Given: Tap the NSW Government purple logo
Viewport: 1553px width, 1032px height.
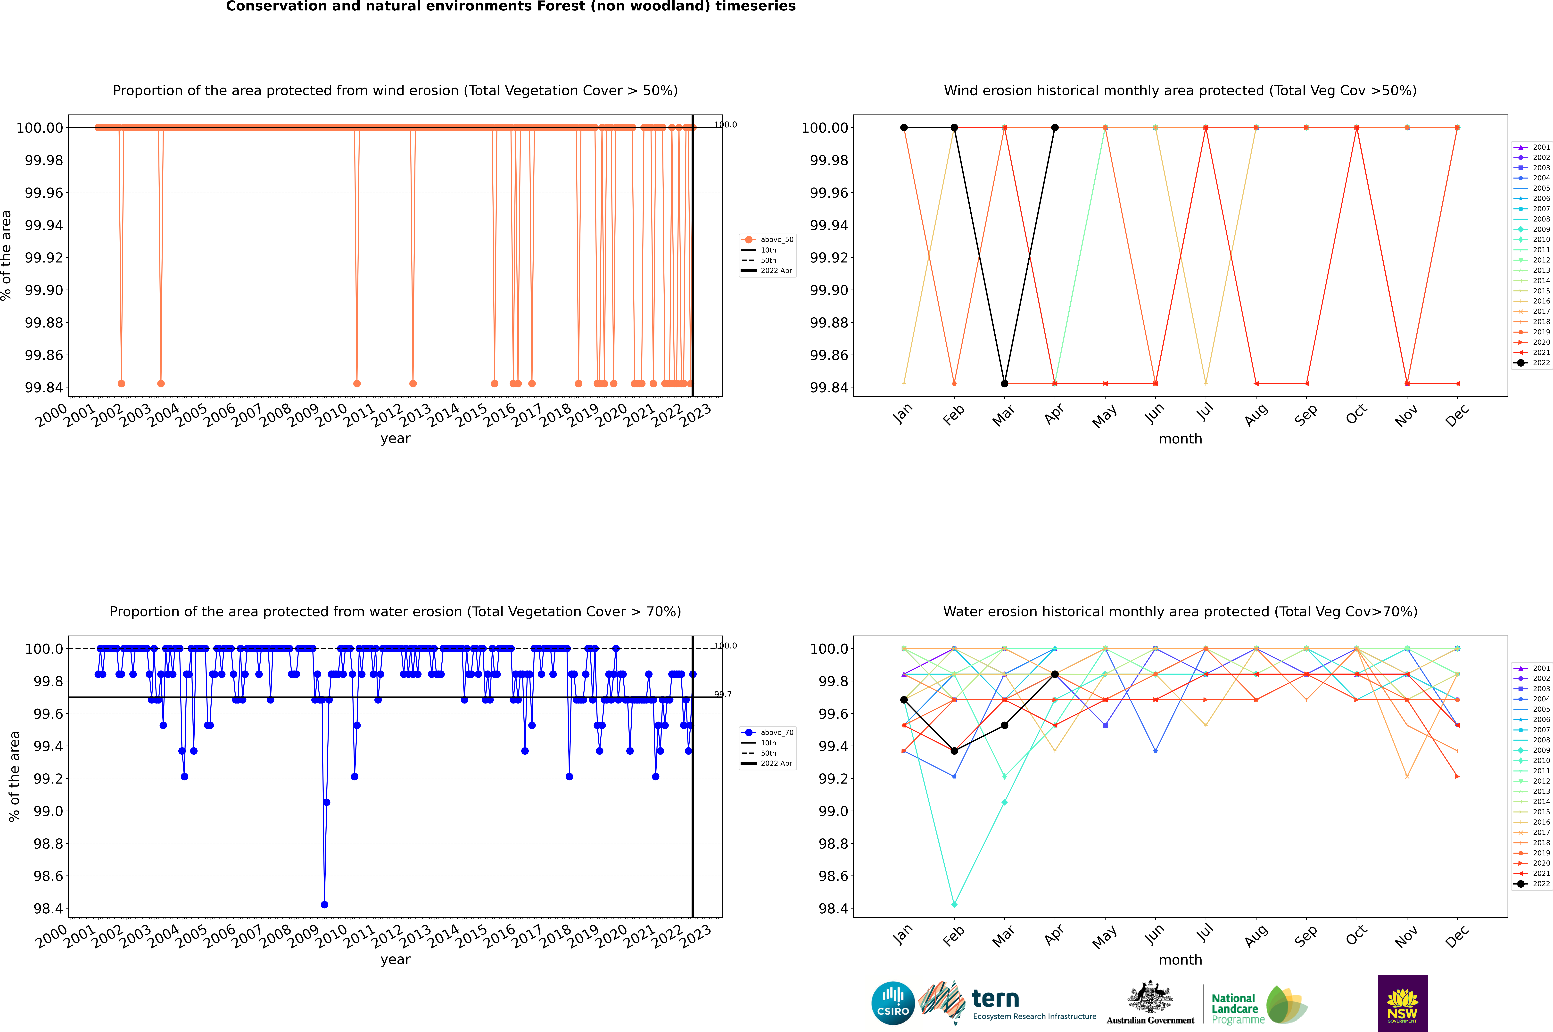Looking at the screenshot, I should tap(1402, 1003).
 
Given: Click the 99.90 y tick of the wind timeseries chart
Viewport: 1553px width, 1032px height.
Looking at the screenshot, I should tap(44, 290).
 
